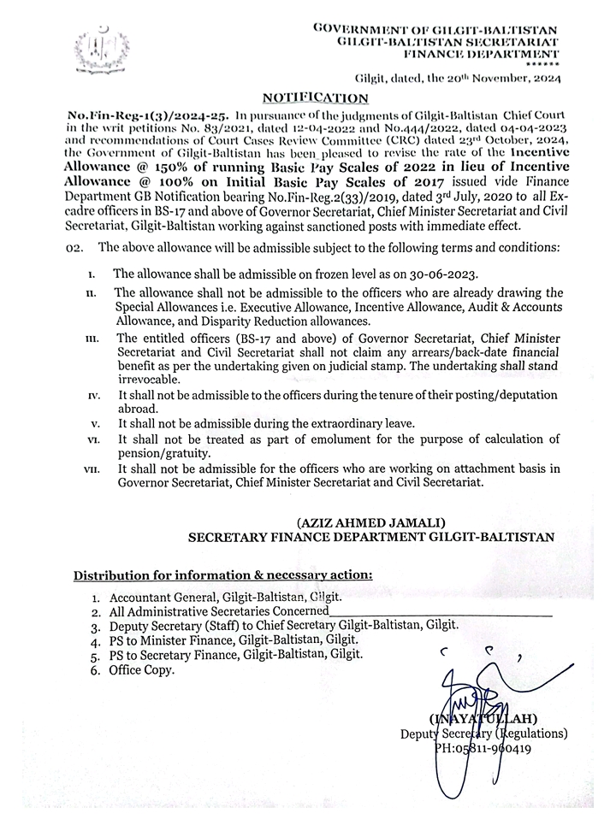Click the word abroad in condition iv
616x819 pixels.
pos(137,408)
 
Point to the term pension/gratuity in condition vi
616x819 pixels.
pos(163,452)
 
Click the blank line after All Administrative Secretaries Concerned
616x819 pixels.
pos(441,612)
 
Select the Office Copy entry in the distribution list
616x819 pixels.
pos(140,670)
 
